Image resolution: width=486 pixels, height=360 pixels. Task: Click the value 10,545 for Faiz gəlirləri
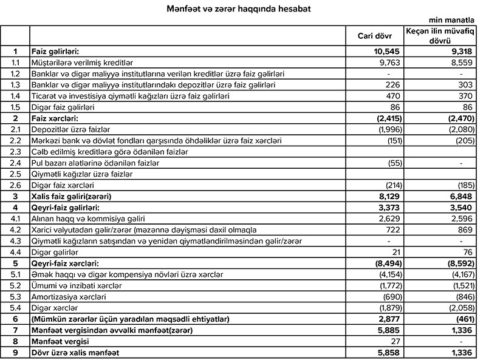point(386,52)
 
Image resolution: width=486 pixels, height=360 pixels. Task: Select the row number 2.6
point(15,185)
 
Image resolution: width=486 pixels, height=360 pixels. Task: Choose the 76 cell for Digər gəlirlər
point(467,251)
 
